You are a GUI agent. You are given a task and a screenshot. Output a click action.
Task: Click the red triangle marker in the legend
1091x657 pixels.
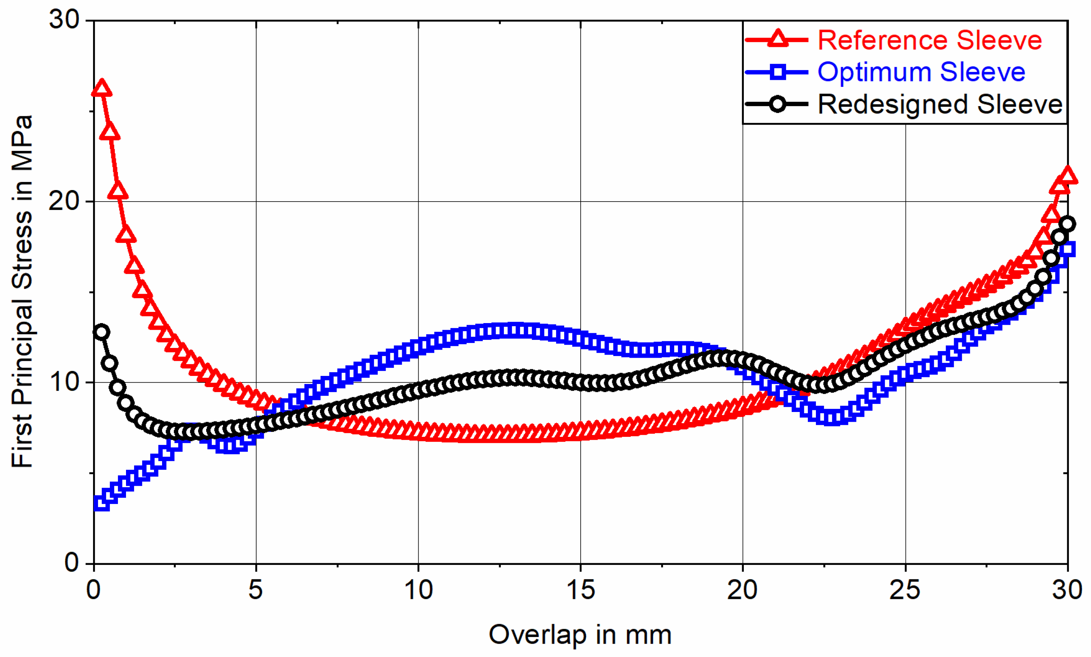tap(777, 39)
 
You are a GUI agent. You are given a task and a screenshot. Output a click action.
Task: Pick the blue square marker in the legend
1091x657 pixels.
tap(777, 72)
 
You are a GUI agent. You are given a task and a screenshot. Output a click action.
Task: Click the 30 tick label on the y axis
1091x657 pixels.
tap(64, 20)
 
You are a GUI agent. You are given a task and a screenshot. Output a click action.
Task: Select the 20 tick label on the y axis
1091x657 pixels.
tap(64, 201)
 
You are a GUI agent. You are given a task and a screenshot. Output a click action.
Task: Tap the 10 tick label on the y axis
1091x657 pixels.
tap(64, 382)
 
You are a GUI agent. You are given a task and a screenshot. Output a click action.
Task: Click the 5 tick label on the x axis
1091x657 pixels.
tap(256, 590)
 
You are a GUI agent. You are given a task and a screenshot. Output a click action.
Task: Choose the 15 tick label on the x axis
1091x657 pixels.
tap(580, 590)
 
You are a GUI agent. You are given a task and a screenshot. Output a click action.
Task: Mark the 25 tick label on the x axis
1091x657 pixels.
tap(905, 590)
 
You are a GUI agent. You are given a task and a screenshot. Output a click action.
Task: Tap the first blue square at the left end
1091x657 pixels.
tap(102, 503)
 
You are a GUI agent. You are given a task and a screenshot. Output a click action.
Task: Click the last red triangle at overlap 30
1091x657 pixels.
tap(1067, 176)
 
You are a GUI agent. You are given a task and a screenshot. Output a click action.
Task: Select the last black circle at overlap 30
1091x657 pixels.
tap(1067, 224)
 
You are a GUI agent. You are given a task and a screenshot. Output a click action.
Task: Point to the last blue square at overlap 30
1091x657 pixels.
tap(1068, 249)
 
